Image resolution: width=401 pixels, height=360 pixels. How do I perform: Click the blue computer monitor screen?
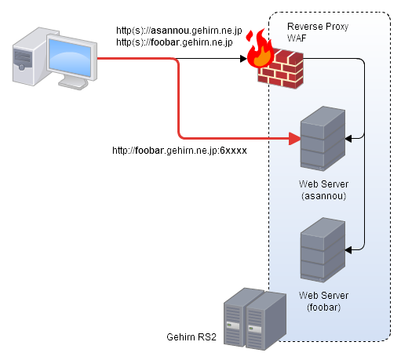[x=70, y=57]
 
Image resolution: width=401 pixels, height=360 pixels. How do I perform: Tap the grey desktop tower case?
[x=30, y=56]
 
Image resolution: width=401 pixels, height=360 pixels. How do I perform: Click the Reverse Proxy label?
[x=318, y=27]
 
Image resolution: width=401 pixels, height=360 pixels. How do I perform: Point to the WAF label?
[x=297, y=38]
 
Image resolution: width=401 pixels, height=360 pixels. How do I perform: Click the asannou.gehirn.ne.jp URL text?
[x=179, y=31]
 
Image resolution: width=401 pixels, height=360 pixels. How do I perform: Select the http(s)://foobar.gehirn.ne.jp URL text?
[x=174, y=42]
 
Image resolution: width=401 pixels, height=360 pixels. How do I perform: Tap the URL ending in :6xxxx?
[x=180, y=151]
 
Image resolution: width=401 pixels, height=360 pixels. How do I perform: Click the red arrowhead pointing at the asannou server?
[x=295, y=139]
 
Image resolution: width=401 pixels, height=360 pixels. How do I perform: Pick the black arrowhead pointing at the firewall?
[x=243, y=59]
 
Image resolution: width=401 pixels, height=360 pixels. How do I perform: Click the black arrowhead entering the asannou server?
[x=348, y=139]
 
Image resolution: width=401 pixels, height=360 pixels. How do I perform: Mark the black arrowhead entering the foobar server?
[x=348, y=250]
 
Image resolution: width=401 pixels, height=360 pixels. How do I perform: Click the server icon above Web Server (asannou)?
[x=323, y=139]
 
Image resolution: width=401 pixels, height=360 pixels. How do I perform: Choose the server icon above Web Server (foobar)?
[x=323, y=250]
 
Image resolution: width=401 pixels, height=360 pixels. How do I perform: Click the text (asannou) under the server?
[x=324, y=196]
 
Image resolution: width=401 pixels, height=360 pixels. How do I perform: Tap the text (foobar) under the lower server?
[x=324, y=307]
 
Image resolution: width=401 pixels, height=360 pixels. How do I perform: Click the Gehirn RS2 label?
[x=191, y=337]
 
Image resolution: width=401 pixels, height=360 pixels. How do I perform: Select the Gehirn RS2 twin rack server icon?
[x=255, y=319]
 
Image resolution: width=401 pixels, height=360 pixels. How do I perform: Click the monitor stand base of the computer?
[x=73, y=83]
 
